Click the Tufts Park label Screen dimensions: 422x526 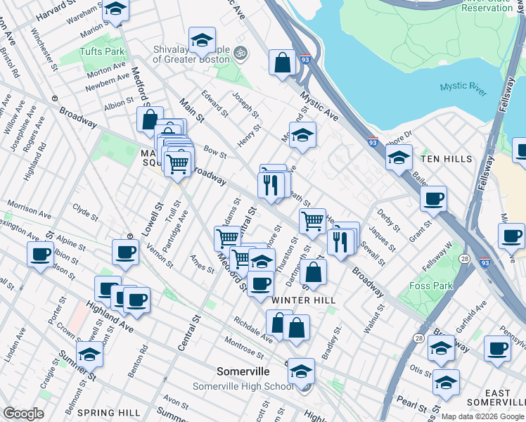pyautogui.click(x=106, y=51)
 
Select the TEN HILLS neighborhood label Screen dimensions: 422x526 pyautogui.click(x=447, y=159)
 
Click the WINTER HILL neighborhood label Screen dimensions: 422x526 pyautogui.click(x=303, y=300)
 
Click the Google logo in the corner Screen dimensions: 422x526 pyautogui.click(x=23, y=414)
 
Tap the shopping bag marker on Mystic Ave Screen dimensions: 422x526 pyautogui.click(x=282, y=62)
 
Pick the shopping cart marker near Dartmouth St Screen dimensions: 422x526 pyautogui.click(x=312, y=221)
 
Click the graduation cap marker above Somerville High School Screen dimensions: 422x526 pyautogui.click(x=301, y=370)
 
